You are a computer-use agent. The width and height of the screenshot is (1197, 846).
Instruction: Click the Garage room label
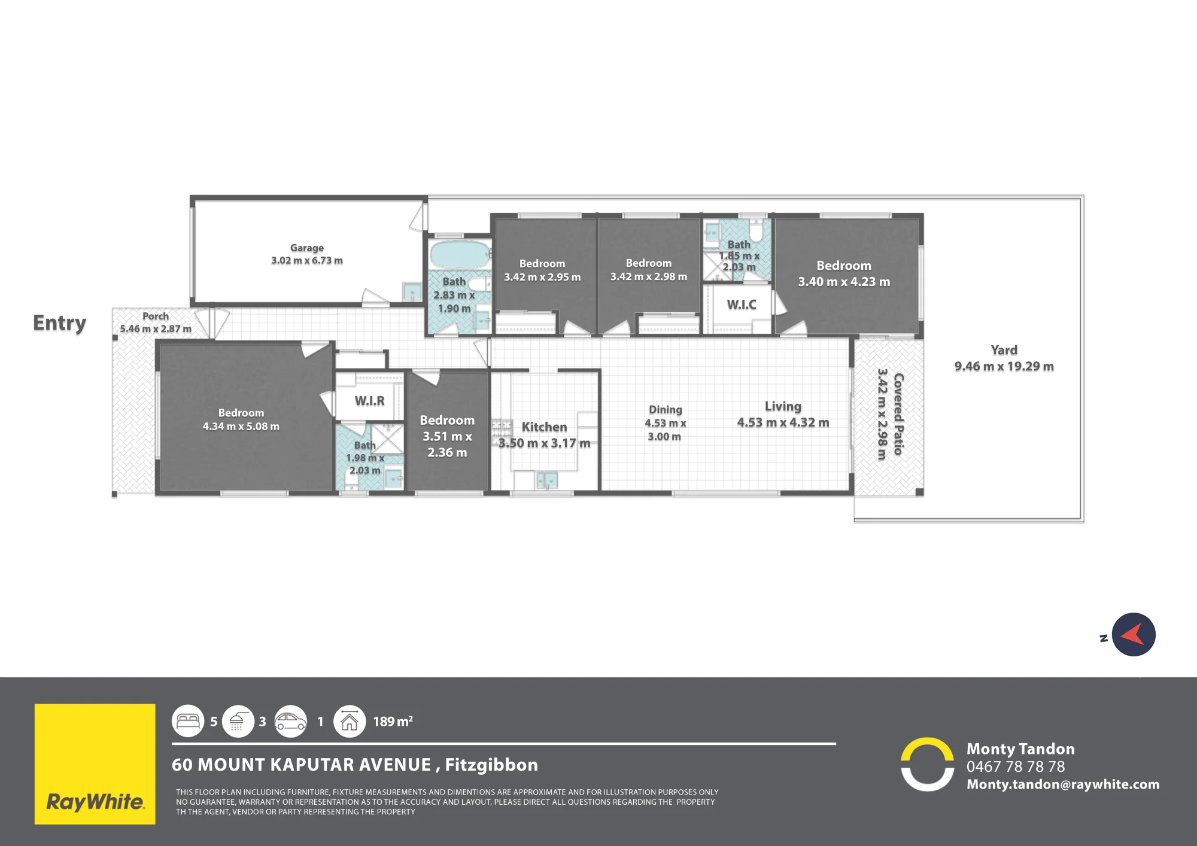point(307,248)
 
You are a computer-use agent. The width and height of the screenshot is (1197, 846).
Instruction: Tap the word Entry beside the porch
point(59,323)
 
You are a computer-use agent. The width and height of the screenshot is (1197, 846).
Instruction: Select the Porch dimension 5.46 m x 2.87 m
point(156,328)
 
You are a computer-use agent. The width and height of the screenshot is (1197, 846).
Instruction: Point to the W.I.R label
point(370,401)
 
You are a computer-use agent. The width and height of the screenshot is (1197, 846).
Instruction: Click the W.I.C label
point(742,305)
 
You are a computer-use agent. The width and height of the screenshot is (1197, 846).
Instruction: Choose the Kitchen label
point(544,427)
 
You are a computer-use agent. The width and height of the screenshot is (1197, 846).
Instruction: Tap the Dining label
point(666,409)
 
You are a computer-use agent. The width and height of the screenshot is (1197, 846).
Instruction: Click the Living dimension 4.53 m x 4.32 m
point(783,422)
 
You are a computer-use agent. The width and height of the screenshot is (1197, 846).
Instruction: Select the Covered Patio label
point(898,414)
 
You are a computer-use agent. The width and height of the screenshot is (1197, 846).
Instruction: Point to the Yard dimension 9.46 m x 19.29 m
point(1004,366)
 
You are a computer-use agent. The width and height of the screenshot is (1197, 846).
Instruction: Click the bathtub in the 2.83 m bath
point(460,254)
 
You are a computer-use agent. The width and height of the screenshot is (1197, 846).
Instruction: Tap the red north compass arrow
point(1132,635)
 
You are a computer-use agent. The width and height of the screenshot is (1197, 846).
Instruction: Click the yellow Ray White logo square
point(95,764)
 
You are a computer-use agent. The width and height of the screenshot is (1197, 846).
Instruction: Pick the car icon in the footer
point(291,721)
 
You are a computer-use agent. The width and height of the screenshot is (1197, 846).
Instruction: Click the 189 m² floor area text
point(393,722)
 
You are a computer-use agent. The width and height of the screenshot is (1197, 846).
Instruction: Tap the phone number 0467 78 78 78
point(1016,766)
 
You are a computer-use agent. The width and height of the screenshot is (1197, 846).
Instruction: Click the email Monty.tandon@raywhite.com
point(1063,784)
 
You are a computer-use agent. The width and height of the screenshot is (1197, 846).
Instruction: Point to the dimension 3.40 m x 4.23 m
point(844,282)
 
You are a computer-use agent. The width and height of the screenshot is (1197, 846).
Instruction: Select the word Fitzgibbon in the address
point(491,765)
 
